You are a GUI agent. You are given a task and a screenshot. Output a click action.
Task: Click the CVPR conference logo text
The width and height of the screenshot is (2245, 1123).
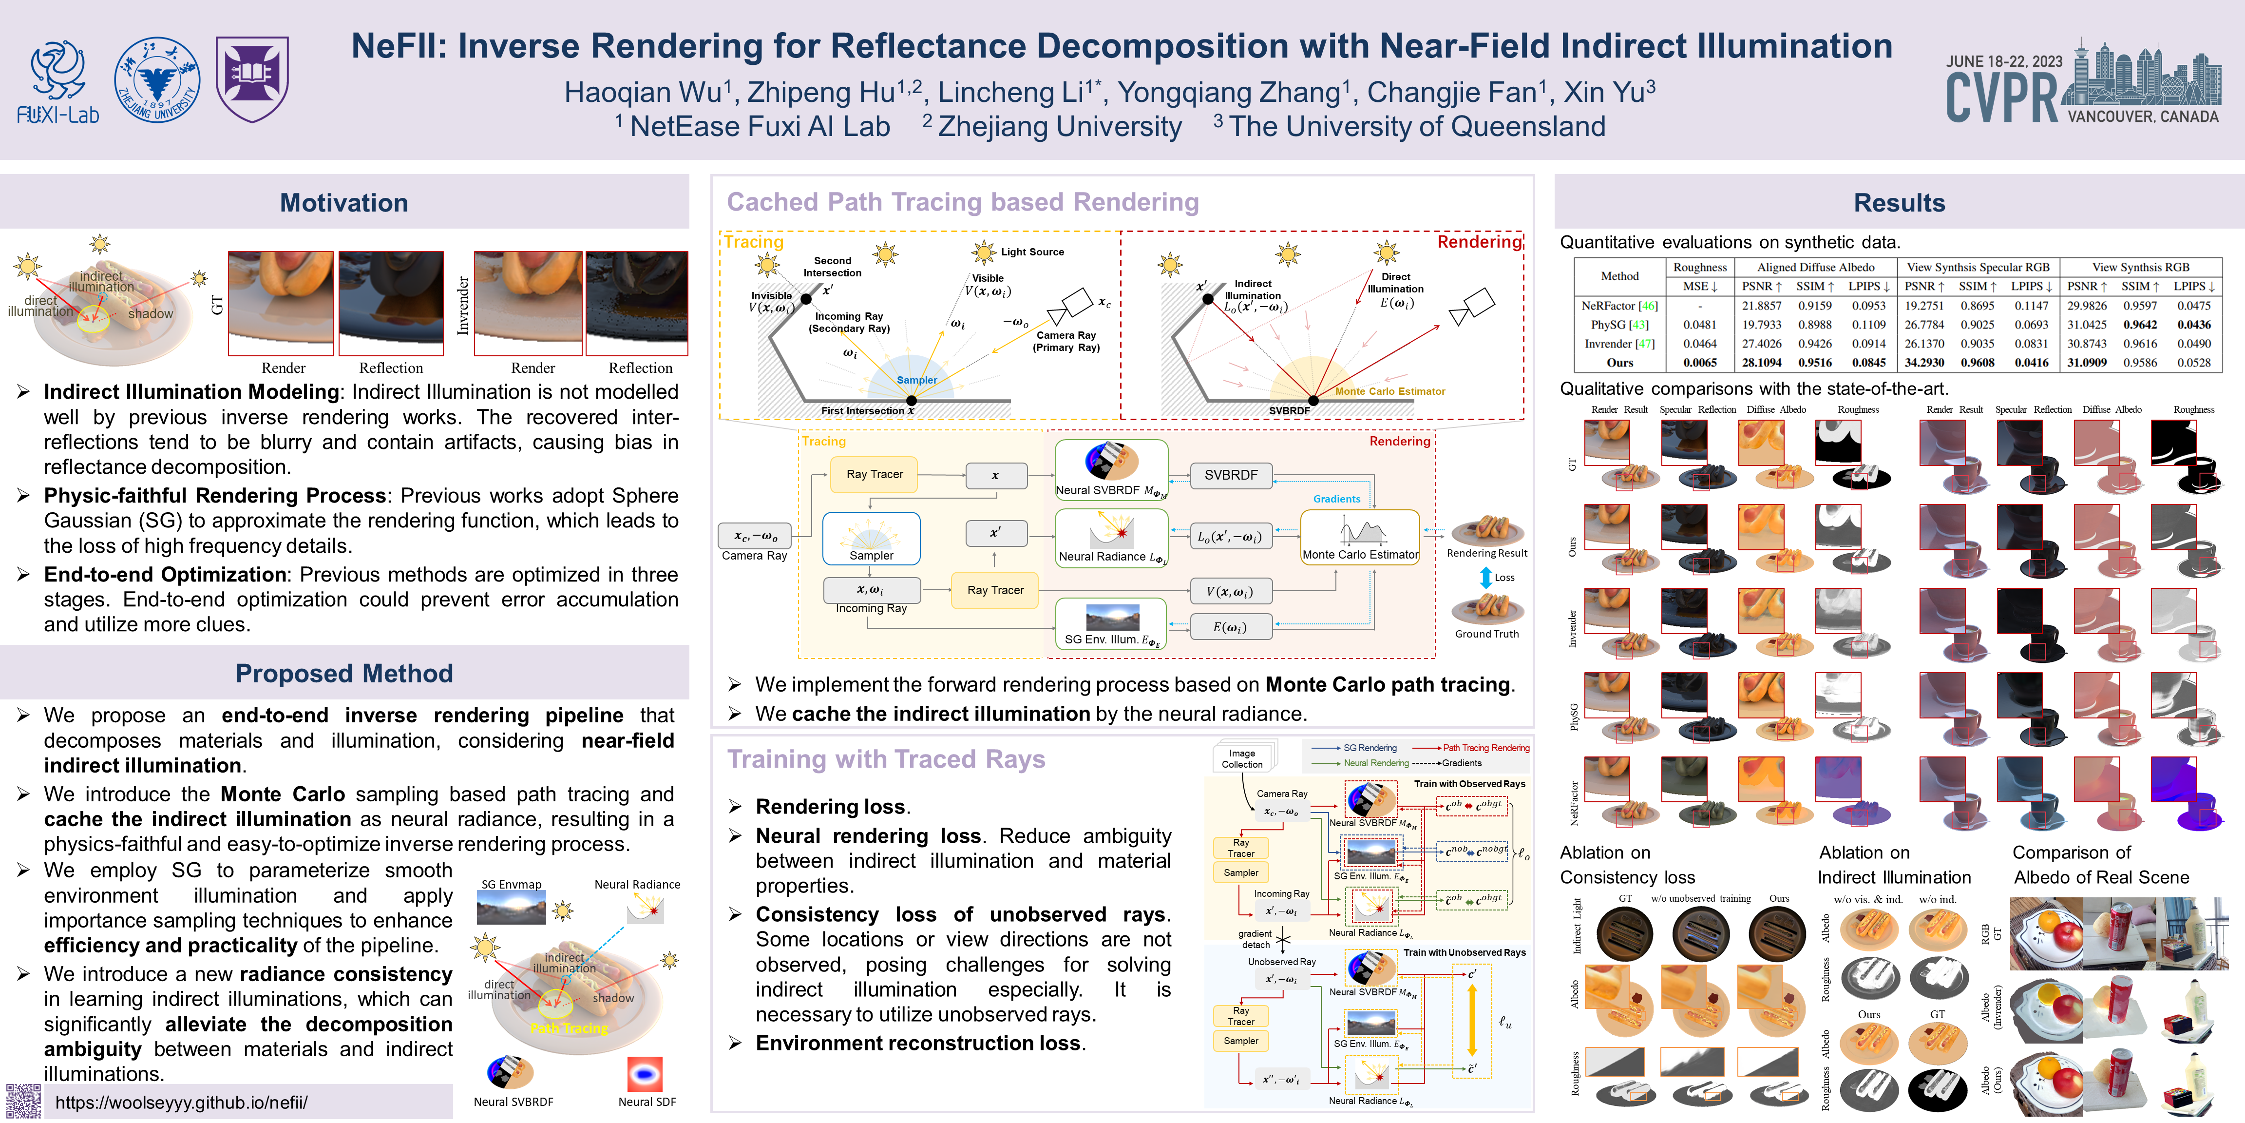pos(2001,97)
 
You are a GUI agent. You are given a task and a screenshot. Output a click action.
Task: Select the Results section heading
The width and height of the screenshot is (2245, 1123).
pos(1899,203)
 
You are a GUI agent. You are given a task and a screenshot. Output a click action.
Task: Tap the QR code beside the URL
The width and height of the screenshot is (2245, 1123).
pos(23,1101)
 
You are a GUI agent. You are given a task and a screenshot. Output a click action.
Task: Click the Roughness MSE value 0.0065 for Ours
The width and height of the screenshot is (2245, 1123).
pos(1699,363)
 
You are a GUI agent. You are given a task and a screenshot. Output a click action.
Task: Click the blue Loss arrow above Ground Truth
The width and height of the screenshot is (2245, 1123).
pos(1486,577)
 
